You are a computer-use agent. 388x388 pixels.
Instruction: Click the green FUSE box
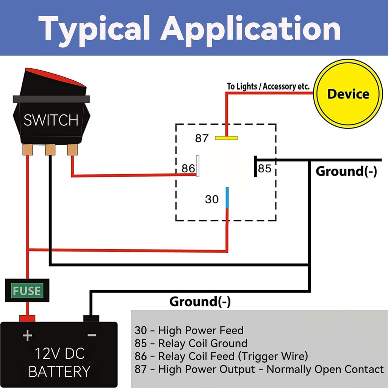pyautogui.click(x=27, y=291)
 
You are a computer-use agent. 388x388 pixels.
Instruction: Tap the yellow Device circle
pyautogui.click(x=348, y=94)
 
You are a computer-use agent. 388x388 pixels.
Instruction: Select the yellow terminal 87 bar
pyautogui.click(x=226, y=138)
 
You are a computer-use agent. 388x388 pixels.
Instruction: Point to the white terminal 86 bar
pyautogui.click(x=197, y=166)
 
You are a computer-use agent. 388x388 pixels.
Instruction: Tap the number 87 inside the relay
pyautogui.click(x=202, y=138)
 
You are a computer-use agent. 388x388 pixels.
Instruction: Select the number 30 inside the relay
pyautogui.click(x=212, y=199)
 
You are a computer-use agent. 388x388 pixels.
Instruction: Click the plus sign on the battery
pyautogui.click(x=27, y=335)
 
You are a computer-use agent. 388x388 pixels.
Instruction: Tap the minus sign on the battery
pyautogui.click(x=92, y=335)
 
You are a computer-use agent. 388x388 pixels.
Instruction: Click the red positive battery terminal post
pyautogui.click(x=27, y=318)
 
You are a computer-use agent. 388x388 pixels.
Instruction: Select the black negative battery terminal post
pyautogui.click(x=91, y=318)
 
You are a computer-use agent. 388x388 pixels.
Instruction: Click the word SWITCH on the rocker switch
pyautogui.click(x=51, y=120)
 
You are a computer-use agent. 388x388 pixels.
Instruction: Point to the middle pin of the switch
pyautogui.click(x=50, y=150)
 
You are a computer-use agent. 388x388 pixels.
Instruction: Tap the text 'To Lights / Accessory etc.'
pyautogui.click(x=268, y=86)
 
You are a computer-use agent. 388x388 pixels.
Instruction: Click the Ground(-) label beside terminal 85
pyautogui.click(x=346, y=171)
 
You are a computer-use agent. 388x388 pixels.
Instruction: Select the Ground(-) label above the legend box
pyautogui.click(x=200, y=302)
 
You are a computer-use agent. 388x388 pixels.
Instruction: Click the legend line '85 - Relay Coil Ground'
pyautogui.click(x=191, y=343)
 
